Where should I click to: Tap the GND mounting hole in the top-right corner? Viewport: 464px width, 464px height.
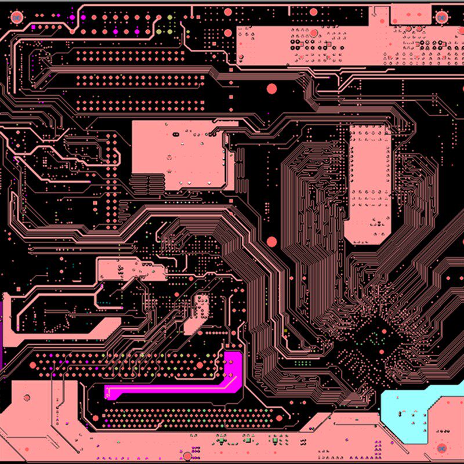(442, 17)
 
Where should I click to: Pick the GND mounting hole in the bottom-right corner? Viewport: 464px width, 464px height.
(442, 448)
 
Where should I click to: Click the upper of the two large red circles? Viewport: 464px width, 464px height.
(271, 89)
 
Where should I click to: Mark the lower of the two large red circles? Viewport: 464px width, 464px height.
(271, 241)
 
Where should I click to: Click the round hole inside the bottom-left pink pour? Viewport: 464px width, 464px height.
(26, 398)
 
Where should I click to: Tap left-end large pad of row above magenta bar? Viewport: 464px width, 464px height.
(33, 365)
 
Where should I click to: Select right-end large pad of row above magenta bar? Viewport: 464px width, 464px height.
(200, 365)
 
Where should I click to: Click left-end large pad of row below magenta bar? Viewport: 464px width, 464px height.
(96, 418)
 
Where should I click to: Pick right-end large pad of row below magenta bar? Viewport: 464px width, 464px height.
(279, 418)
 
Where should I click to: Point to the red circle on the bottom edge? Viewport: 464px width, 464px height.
(187, 456)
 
